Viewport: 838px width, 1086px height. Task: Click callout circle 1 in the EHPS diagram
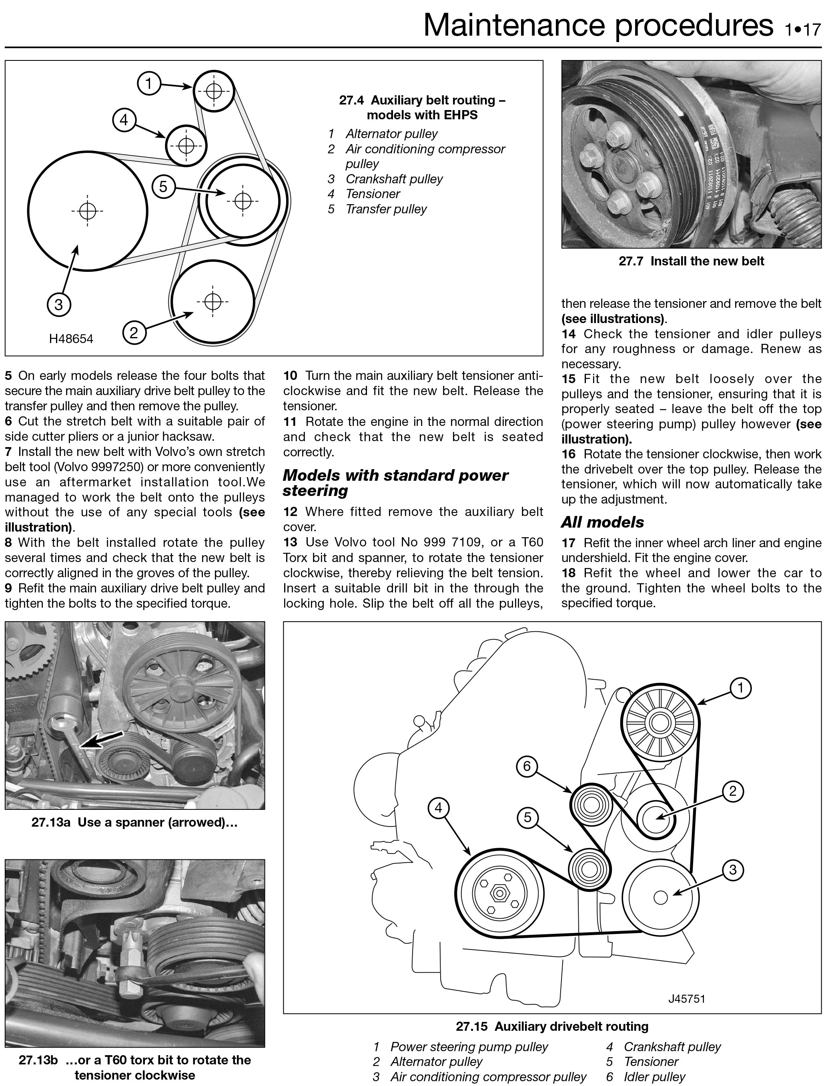coord(148,84)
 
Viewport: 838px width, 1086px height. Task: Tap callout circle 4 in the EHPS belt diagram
coord(124,120)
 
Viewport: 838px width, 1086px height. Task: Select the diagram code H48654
coord(71,339)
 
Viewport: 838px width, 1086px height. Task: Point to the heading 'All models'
coord(602,522)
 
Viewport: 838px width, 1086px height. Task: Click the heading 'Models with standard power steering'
coord(395,482)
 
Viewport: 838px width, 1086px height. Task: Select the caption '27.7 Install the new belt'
coord(691,261)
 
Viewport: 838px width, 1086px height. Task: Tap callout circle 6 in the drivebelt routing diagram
coord(527,766)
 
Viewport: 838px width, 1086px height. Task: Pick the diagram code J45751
coord(686,998)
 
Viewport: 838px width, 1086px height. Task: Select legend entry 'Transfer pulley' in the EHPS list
coord(386,209)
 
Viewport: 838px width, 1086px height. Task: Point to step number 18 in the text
coord(569,573)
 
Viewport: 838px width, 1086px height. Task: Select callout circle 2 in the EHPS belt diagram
coord(134,332)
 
